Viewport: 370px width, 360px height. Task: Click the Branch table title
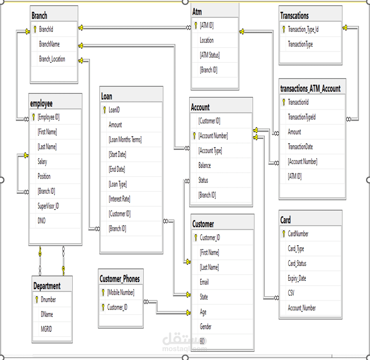coord(40,16)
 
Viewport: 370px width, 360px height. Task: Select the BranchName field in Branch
coord(49,44)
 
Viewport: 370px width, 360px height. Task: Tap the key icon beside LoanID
coord(105,110)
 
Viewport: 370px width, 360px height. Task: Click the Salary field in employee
coord(42,162)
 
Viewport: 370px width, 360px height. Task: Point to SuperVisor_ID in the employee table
coord(48,206)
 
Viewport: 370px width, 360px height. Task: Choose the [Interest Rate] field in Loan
coord(120,199)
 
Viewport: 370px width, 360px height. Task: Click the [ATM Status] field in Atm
coord(210,55)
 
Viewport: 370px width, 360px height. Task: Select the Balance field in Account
coord(205,165)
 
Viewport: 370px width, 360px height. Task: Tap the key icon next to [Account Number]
coord(194,135)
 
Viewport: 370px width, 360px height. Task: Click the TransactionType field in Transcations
coord(300,44)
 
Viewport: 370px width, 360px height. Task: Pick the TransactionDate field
coord(300,147)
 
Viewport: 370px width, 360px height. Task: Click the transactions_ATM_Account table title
coord(310,89)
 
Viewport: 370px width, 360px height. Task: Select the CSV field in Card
coord(291,293)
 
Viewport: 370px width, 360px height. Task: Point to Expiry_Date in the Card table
coord(297,278)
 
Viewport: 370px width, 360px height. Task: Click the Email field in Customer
coord(204,282)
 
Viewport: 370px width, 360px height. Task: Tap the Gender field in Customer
coord(206,327)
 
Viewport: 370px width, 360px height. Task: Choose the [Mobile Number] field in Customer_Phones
coord(121,292)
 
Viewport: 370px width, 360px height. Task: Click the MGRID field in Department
coord(46,329)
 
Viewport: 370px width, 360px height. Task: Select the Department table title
coord(47,286)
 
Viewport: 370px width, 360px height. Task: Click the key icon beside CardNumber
coord(284,234)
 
